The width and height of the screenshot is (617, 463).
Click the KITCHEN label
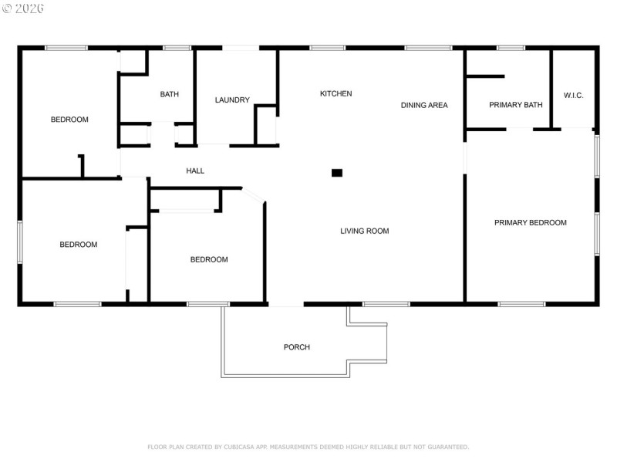pos(335,93)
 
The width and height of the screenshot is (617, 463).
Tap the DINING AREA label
pos(424,105)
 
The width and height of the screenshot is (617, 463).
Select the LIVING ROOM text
pos(365,231)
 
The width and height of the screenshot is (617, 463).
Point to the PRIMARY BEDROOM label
pos(531,223)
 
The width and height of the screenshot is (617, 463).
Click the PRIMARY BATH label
pos(515,105)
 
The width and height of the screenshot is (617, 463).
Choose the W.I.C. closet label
pos(573,95)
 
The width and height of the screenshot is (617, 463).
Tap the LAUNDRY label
pos(232,100)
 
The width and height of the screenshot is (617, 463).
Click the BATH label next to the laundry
pos(170,95)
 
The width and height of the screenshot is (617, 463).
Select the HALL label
pos(195,171)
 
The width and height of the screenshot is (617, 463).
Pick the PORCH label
pos(297,347)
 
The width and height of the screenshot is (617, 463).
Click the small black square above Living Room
pos(337,173)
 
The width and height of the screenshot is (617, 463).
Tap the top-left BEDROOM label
pos(69,120)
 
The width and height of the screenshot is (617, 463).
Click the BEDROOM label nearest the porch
pos(209,259)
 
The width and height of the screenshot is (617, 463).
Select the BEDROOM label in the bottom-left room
pos(79,245)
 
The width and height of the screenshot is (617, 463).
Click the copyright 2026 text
pos(23,8)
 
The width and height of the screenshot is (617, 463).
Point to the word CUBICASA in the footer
pos(246,447)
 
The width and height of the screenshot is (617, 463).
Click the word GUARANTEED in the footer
pos(445,447)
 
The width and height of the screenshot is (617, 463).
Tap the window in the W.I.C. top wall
pos(573,48)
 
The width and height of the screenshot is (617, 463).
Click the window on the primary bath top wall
pos(511,48)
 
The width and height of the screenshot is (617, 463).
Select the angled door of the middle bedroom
pos(254,194)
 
